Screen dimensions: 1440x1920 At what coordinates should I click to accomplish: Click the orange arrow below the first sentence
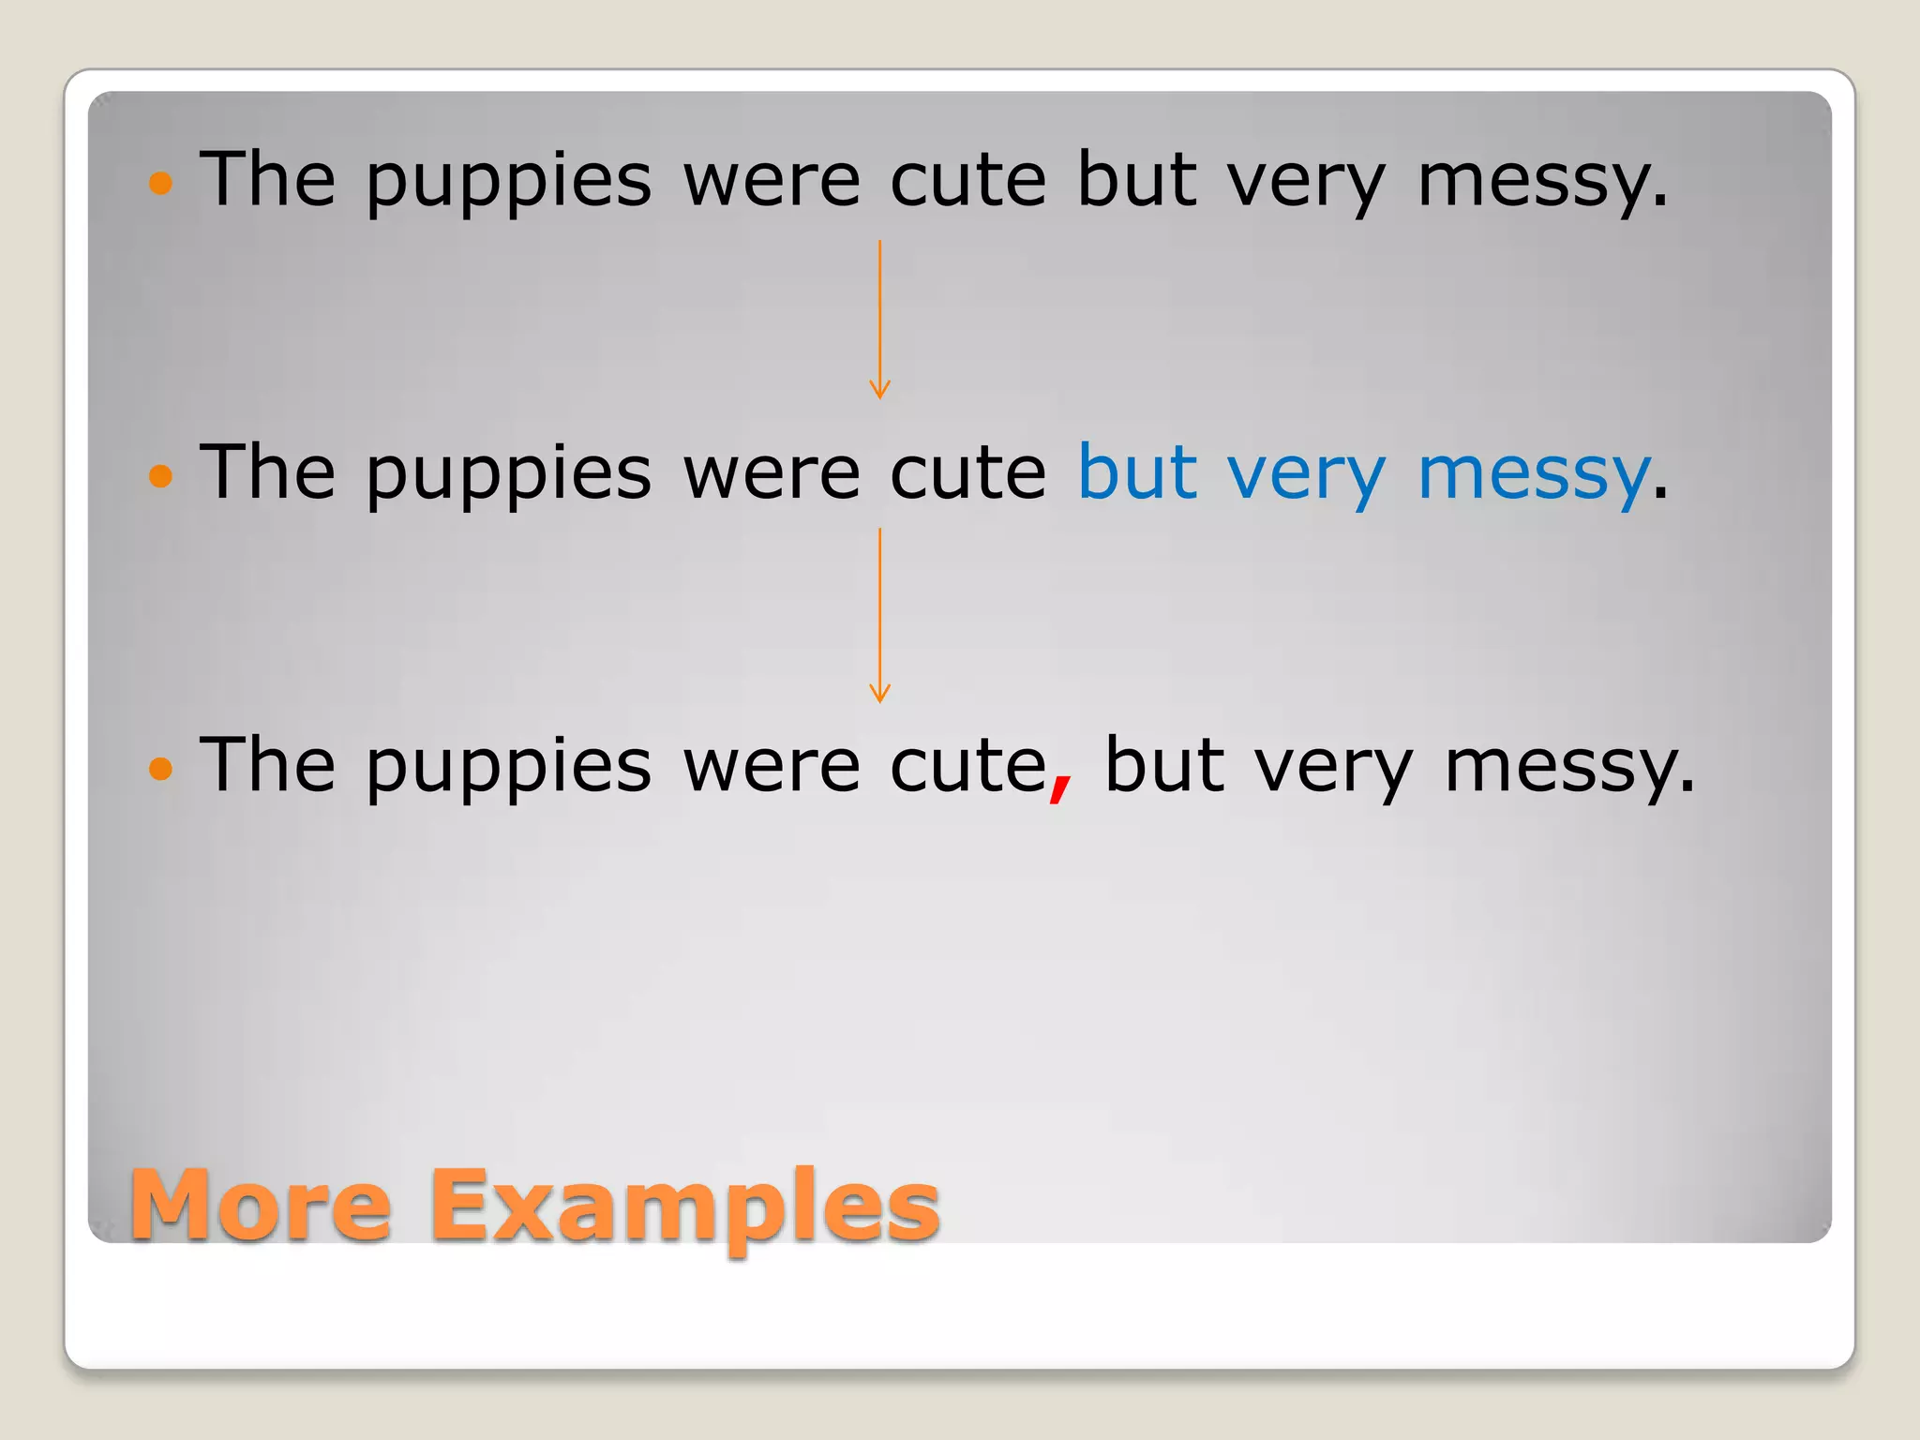[x=879, y=319]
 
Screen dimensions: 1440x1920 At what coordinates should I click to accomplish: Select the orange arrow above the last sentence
[x=879, y=614]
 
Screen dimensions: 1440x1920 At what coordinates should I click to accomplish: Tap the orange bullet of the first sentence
[x=161, y=182]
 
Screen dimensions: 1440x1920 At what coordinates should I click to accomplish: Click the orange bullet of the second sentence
[x=161, y=475]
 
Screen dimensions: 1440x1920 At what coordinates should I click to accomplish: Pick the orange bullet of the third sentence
[x=161, y=769]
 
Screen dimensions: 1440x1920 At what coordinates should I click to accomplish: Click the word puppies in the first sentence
[x=508, y=182]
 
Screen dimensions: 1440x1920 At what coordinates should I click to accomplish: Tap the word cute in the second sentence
[x=967, y=472]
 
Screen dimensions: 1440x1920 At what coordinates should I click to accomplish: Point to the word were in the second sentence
[x=772, y=472]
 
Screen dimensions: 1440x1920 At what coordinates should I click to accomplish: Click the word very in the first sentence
[x=1306, y=182]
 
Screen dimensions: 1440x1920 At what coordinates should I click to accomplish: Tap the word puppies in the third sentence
[x=508, y=769]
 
